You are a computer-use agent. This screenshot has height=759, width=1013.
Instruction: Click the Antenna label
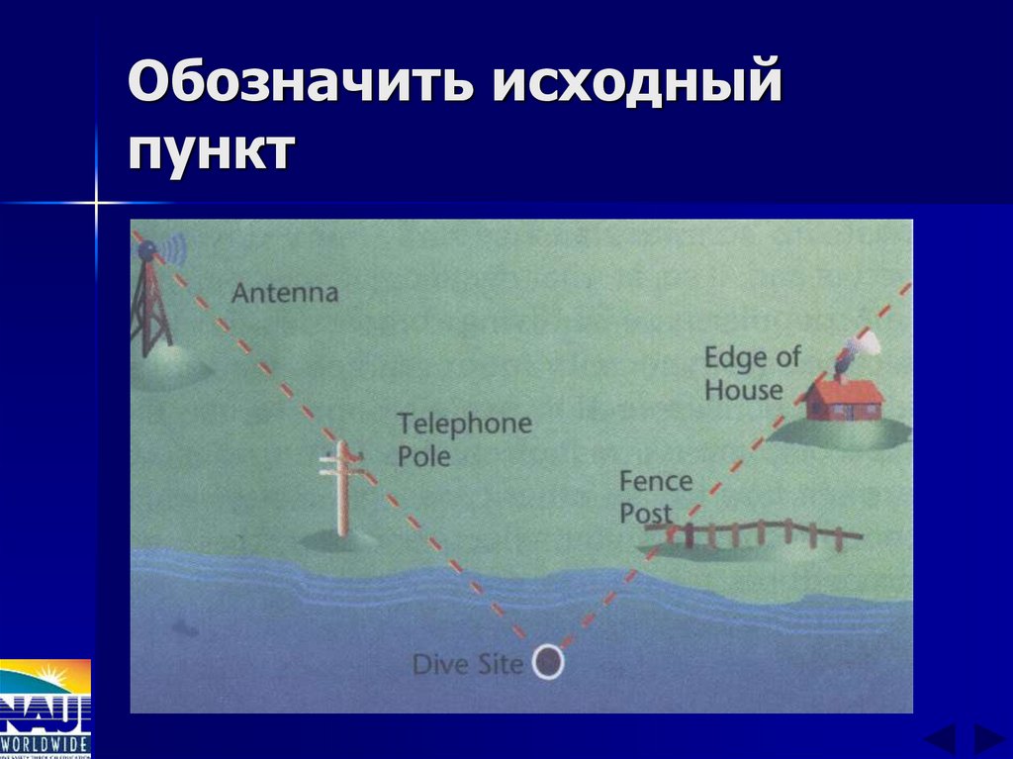point(284,293)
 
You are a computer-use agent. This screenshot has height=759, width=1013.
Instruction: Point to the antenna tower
point(151,307)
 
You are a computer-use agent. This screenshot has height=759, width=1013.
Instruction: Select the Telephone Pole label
point(464,440)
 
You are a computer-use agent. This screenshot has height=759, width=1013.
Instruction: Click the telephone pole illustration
point(342,489)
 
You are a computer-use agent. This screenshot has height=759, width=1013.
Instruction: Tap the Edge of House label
point(752,373)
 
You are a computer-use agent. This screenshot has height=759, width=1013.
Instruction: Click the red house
point(844,398)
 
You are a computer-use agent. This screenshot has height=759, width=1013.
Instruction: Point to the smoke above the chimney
point(861,345)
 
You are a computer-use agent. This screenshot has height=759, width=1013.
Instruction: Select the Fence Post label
point(655,497)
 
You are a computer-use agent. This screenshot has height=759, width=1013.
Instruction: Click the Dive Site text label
point(467,663)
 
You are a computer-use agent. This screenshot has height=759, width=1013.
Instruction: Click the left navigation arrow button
point(940,738)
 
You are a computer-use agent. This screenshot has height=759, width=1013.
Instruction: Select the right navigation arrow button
point(987,738)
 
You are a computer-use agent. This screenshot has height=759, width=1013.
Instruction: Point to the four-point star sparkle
point(97,204)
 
